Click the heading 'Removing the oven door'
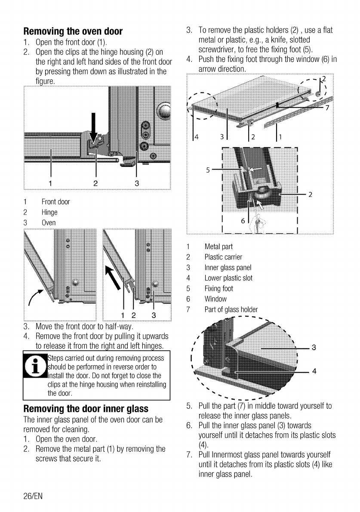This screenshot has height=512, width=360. [73, 31]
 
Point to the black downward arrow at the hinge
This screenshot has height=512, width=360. [93, 125]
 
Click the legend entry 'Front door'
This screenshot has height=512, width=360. [55, 202]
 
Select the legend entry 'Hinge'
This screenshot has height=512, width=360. [49, 212]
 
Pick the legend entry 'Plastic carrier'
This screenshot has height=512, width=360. [223, 257]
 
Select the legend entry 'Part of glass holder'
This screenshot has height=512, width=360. [231, 309]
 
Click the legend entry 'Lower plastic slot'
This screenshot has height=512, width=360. [228, 278]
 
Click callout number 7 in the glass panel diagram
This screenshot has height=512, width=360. [327, 108]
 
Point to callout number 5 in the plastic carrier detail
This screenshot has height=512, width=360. [208, 170]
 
